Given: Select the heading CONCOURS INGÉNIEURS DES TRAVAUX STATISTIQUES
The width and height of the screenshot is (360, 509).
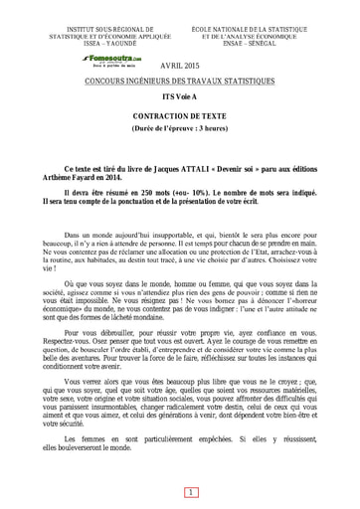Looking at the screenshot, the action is [x=179, y=80].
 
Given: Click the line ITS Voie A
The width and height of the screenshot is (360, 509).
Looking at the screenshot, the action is [x=180, y=98].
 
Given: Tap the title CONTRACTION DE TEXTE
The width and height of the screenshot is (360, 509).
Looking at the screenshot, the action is [x=180, y=116].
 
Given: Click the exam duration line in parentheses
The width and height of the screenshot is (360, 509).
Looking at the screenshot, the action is [x=180, y=129].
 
